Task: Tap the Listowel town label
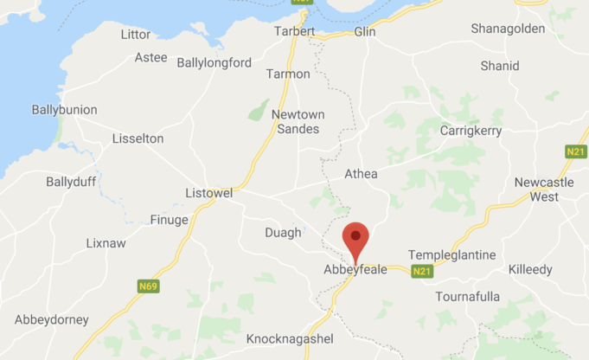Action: [209, 193]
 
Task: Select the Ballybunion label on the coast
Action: [64, 110]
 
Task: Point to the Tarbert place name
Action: [294, 31]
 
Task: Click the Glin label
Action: [365, 32]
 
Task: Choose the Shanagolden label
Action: [508, 29]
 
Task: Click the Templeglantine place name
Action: [452, 254]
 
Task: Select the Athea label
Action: [361, 174]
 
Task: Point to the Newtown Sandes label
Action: [295, 122]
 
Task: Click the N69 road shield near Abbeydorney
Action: [149, 286]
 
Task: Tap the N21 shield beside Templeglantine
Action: [422, 271]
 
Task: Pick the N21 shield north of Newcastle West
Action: [576, 151]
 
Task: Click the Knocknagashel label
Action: [290, 338]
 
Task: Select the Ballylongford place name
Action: [214, 62]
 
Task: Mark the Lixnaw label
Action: [106, 243]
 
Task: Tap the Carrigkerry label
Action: [471, 131]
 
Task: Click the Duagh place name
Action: [283, 232]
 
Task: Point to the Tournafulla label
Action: [467, 297]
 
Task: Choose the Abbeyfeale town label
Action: [355, 269]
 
